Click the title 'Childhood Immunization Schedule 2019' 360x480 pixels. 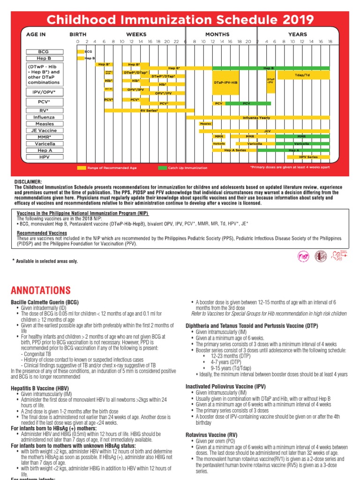tap(180, 19)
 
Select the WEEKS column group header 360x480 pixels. tap(136, 34)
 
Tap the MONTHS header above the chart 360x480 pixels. tap(217, 34)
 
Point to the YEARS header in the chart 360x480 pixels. tap(298, 34)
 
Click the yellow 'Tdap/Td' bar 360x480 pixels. tap(303, 75)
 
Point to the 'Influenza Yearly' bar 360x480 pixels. tap(256, 117)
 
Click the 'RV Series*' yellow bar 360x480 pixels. tap(150, 110)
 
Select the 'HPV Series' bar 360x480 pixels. tap(308, 157)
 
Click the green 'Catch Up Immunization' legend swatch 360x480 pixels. tap(163, 167)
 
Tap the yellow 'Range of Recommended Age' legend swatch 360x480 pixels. tap(82, 167)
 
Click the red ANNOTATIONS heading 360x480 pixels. tap(41, 290)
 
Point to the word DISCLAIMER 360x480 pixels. tap(28, 182)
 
